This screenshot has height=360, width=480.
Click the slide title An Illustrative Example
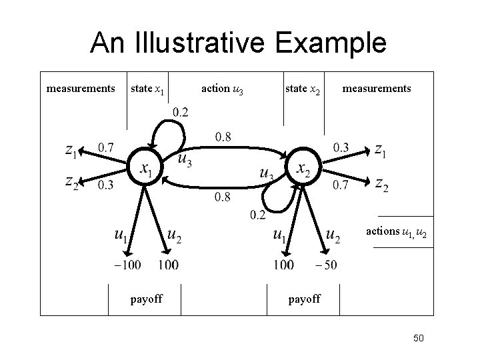pos(239,43)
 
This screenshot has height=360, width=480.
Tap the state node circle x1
pos(146,168)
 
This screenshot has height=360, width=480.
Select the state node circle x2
pos(302,167)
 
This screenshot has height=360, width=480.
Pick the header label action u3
pos(222,89)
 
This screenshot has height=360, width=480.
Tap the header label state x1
pos(148,88)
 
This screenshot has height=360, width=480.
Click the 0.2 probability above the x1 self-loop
pos(180,111)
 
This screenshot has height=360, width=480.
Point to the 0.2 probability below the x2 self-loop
pos(258,214)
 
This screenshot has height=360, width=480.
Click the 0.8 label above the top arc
pos(223,137)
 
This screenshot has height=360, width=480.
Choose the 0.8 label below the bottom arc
pos(223,197)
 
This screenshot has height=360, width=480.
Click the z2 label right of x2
pos(382,183)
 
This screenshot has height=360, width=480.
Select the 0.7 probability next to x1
pos(105,147)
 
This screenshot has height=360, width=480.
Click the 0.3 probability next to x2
pos(341,147)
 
